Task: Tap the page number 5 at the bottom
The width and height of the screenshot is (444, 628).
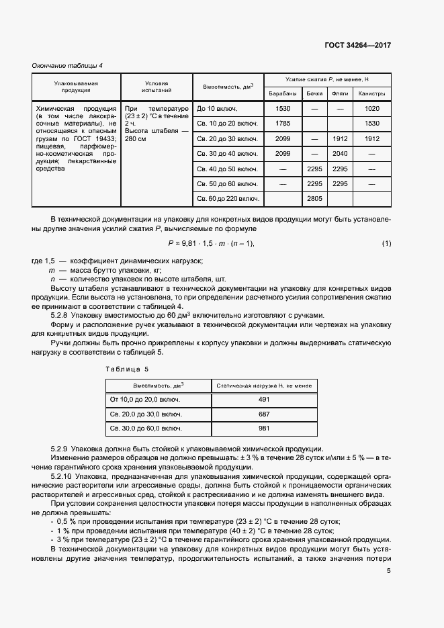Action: click(x=389, y=572)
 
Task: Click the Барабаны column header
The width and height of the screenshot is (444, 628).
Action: click(x=283, y=93)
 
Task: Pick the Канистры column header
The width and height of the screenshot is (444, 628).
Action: click(x=371, y=93)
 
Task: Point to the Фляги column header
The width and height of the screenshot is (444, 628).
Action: click(x=340, y=93)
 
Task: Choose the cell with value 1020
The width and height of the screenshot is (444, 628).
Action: click(x=371, y=109)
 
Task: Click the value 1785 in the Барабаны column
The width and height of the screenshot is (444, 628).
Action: click(x=283, y=124)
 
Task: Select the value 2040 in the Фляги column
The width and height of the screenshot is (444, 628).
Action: click(x=340, y=154)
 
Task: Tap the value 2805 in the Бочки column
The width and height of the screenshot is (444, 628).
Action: click(x=314, y=199)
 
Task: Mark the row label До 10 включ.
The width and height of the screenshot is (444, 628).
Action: click(x=217, y=109)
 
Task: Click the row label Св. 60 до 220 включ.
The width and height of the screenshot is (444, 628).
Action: click(x=228, y=199)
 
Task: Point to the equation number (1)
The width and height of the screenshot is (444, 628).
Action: click(x=386, y=242)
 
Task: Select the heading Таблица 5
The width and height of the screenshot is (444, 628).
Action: click(x=128, y=369)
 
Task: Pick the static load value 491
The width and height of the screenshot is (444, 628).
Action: click(x=263, y=399)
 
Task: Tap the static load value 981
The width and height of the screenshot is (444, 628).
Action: click(x=263, y=428)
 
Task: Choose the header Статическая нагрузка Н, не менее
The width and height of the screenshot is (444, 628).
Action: click(x=263, y=385)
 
